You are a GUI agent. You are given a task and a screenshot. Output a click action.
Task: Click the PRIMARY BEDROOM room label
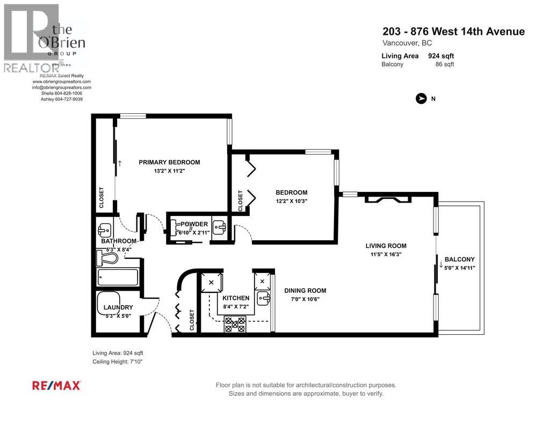click(x=169, y=162)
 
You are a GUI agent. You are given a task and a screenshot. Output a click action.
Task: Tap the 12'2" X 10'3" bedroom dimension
click(x=291, y=201)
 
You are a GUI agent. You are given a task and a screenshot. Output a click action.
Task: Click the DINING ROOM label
click(x=305, y=291)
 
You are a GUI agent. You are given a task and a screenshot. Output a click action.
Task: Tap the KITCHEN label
click(x=236, y=298)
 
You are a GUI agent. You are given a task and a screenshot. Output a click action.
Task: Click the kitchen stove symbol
click(x=235, y=323)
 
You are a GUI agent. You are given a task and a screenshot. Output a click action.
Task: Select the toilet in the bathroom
click(x=107, y=258)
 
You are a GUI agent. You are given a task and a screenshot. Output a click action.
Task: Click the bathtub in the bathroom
click(x=118, y=278)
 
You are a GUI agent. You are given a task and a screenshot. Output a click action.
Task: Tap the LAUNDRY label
click(x=118, y=307)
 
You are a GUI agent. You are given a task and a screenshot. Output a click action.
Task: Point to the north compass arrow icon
click(x=422, y=98)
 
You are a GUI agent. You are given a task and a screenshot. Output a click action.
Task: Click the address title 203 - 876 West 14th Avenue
click(x=453, y=32)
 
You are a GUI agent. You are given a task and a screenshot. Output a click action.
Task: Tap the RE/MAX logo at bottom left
click(x=57, y=385)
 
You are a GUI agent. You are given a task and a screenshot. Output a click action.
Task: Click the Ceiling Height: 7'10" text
click(x=118, y=362)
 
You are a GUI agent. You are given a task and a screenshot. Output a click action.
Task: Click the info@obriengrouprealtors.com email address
click(x=61, y=87)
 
